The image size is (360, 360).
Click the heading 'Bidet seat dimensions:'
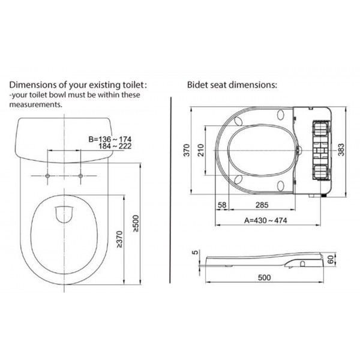point(232,85)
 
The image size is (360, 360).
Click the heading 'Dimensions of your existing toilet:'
point(78,85)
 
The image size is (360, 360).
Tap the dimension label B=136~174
point(110,139)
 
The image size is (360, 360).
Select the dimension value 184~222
point(115,146)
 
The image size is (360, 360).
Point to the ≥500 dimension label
point(136,223)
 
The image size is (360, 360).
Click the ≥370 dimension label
point(119,239)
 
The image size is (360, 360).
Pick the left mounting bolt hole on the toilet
point(47,176)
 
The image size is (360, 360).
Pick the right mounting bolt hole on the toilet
point(80,176)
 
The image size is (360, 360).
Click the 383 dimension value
point(341,149)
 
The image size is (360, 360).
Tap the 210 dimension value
point(201,150)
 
